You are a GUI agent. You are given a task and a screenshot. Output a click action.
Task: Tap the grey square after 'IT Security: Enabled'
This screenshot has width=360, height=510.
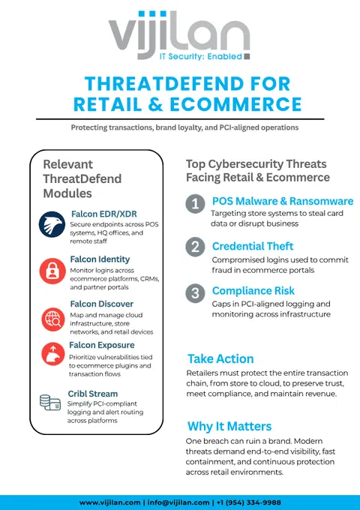(247, 56)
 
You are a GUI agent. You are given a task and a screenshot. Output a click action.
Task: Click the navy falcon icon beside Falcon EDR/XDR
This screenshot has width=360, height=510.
(52, 224)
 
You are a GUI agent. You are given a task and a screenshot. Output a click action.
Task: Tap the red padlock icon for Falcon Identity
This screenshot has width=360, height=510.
(52, 271)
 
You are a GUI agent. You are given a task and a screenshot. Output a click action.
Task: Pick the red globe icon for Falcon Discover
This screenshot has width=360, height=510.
(53, 319)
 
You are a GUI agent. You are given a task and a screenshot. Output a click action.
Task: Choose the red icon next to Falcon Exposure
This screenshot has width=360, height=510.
(53, 354)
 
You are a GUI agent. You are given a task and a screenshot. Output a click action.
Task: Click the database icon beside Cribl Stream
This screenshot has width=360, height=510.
(50, 402)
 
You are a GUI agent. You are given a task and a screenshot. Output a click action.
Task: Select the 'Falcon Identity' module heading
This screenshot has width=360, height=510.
(100, 259)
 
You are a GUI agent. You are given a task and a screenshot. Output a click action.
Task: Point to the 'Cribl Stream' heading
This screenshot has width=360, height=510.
(93, 394)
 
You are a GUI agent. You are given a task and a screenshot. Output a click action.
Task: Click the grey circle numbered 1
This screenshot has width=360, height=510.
(195, 204)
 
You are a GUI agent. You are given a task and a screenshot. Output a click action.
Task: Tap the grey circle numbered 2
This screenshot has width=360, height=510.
(195, 247)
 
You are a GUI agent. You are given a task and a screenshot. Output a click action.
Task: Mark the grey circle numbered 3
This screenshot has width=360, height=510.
(195, 293)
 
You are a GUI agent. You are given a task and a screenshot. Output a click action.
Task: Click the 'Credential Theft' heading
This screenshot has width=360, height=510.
(253, 246)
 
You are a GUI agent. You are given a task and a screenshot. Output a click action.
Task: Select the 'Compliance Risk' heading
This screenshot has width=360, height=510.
(253, 291)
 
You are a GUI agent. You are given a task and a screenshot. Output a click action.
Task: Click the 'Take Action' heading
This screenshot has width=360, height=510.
(220, 358)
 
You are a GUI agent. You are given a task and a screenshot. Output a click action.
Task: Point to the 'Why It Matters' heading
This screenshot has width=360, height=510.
(229, 426)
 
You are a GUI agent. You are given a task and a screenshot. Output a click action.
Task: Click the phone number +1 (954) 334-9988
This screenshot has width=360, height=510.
(248, 502)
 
